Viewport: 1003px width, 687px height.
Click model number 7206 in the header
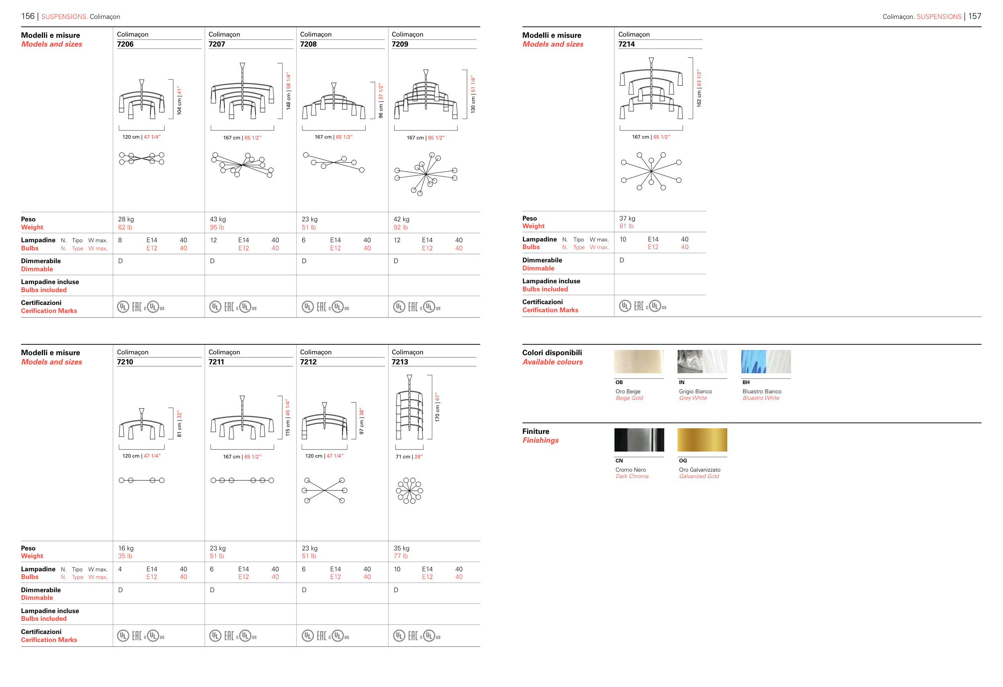click(x=125, y=44)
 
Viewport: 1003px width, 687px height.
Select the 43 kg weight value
click(x=218, y=219)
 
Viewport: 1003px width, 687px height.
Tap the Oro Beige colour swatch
click(x=639, y=362)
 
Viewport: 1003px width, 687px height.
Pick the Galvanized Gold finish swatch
click(x=702, y=440)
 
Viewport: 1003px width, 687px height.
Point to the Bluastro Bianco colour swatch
click(x=766, y=362)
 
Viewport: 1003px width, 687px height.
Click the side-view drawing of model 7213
click(x=409, y=407)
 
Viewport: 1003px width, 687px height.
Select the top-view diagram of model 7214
click(x=651, y=171)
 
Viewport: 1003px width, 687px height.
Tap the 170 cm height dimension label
click(x=437, y=407)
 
